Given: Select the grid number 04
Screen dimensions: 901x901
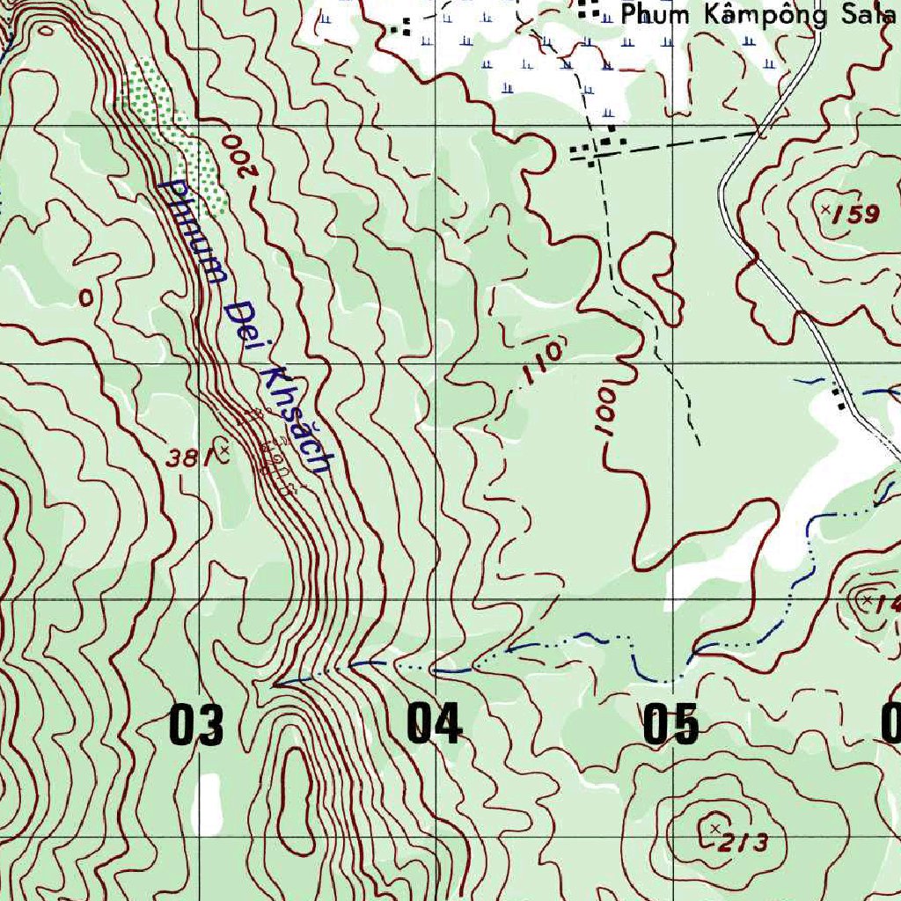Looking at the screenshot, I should pos(434,724).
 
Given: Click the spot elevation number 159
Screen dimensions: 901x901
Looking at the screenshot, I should pos(857,214).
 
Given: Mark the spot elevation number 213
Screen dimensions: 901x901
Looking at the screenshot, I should pos(745,842).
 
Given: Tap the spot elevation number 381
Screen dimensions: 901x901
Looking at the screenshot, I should pos(187,457).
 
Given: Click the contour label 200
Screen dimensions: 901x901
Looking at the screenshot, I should pos(239,154).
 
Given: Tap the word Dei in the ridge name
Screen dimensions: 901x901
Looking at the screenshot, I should pos(238,321).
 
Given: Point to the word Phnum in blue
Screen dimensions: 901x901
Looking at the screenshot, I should pos(194,231).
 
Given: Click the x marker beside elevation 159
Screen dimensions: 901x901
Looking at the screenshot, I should pos(825,209).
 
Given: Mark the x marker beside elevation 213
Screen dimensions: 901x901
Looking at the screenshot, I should pos(714,828).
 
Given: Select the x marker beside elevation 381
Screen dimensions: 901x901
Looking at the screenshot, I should pos(224,450).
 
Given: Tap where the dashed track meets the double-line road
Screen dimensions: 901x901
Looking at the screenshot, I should pos(758,131).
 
